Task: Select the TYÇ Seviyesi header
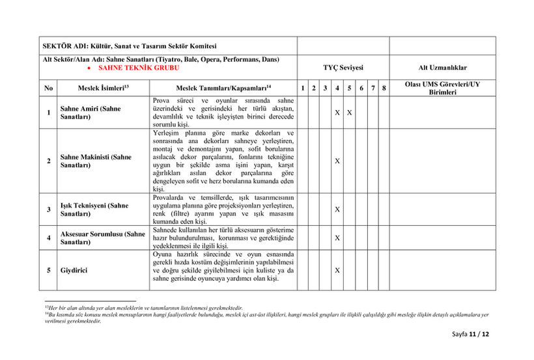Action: [x=343, y=68]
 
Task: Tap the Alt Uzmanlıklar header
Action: [x=442, y=68]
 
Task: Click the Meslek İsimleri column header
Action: [x=103, y=88]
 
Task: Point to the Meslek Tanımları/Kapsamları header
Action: [x=223, y=88]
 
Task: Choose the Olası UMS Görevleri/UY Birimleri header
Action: [x=442, y=88]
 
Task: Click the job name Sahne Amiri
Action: [x=90, y=113]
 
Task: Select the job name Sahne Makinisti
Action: [x=95, y=161]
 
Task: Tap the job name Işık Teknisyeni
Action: [x=94, y=209]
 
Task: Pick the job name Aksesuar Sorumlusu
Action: [x=102, y=238]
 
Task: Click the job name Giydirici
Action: [x=73, y=270]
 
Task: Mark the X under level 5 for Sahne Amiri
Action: [x=349, y=113]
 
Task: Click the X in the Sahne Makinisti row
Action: [x=337, y=161]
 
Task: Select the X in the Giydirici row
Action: [x=337, y=270]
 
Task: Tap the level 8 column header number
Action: [x=384, y=88]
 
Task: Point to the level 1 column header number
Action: [x=303, y=88]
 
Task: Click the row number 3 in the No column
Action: [x=48, y=209]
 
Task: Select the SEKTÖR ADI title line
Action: [x=129, y=46]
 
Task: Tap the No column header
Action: [x=48, y=88]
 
